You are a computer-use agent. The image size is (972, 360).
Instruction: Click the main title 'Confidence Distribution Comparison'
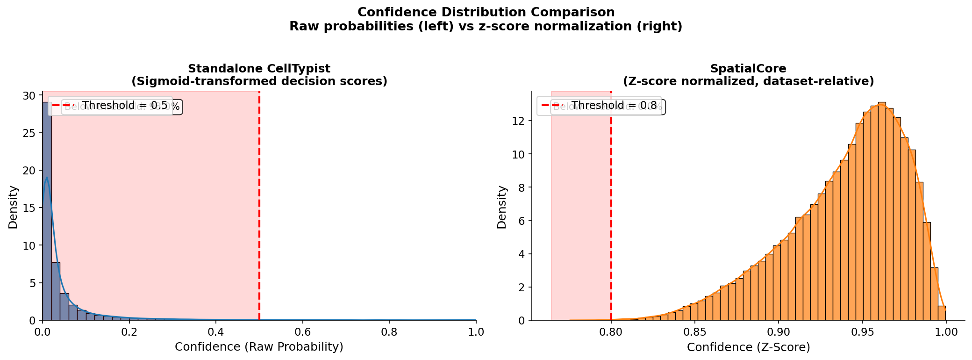point(486,12)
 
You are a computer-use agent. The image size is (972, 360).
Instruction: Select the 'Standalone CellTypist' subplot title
point(259,69)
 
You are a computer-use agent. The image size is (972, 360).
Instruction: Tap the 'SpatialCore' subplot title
point(748,69)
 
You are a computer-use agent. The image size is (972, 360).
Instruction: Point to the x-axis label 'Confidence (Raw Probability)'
point(259,347)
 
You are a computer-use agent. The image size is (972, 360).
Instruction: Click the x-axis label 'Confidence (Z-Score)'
point(748,347)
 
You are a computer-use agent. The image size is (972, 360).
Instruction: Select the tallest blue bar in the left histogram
point(47,210)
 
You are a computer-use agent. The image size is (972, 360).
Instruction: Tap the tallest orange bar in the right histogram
point(882,210)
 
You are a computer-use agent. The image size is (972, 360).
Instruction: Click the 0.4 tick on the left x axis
point(216,332)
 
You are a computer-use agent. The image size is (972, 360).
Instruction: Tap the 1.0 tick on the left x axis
point(476,332)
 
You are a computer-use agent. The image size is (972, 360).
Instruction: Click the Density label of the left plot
point(13,207)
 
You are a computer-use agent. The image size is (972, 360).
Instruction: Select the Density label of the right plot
point(502,207)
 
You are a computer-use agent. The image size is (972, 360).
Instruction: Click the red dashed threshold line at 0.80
point(611,210)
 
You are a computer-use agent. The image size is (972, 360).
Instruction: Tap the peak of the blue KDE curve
point(47,178)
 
